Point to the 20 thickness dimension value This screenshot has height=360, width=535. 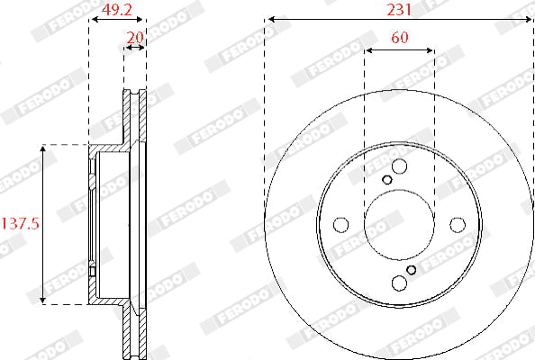click(x=136, y=38)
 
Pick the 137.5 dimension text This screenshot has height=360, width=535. click(x=20, y=223)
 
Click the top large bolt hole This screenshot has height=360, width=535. click(x=398, y=167)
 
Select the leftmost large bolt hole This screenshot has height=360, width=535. click(x=340, y=224)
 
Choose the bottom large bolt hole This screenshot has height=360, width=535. click(x=398, y=283)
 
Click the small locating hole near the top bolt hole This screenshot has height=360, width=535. click(x=387, y=180)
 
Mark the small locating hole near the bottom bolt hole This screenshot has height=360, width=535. click(x=411, y=269)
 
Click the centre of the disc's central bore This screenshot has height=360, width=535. click(x=398, y=225)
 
